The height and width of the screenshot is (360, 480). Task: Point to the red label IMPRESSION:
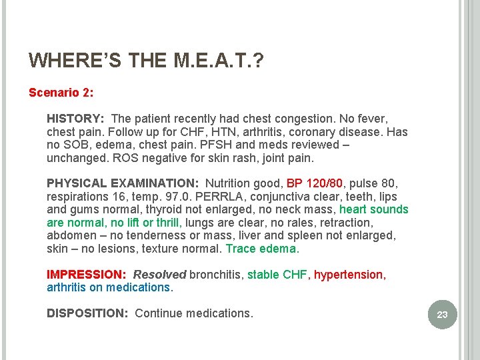[x=87, y=275]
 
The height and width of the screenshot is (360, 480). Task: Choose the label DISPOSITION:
[x=87, y=313]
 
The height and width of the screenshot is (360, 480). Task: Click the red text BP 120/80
[x=315, y=183]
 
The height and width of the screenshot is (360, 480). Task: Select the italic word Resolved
[x=159, y=275]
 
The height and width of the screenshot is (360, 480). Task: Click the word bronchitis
[x=215, y=275]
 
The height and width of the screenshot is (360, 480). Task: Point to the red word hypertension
[x=349, y=275]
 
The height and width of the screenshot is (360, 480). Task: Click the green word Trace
[x=241, y=249]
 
